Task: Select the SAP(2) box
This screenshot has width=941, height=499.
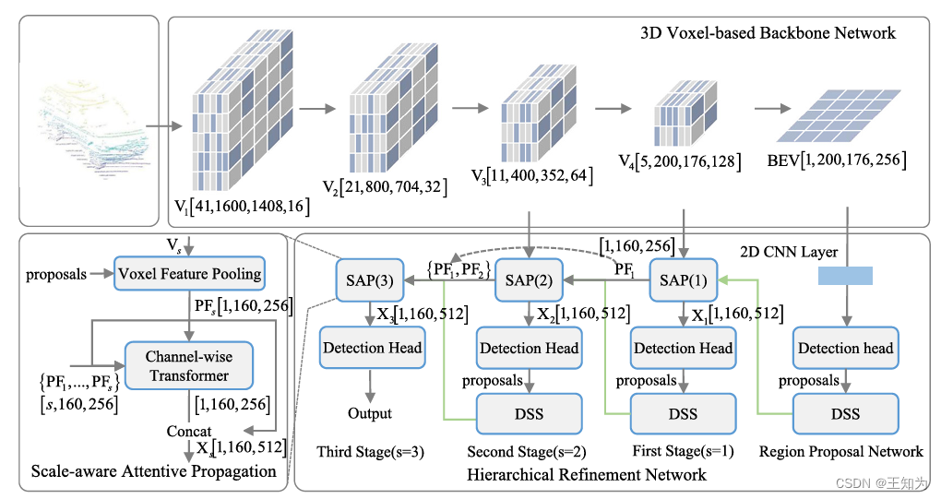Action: (x=529, y=279)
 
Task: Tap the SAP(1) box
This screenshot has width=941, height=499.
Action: (x=683, y=279)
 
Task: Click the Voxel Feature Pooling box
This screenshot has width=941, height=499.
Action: (x=189, y=273)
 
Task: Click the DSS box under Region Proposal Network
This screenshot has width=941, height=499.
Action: (x=845, y=413)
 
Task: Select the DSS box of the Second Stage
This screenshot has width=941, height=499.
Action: (x=529, y=413)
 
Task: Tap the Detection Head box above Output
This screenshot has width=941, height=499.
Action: (x=372, y=348)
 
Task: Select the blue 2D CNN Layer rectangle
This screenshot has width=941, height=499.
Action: (x=844, y=275)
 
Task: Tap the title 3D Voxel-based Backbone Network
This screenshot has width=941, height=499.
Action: (x=768, y=33)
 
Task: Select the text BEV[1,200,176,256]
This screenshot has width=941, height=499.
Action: (x=837, y=160)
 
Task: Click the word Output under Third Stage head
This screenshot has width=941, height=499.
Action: (x=370, y=413)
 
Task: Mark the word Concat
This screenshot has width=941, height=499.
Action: (x=190, y=432)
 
